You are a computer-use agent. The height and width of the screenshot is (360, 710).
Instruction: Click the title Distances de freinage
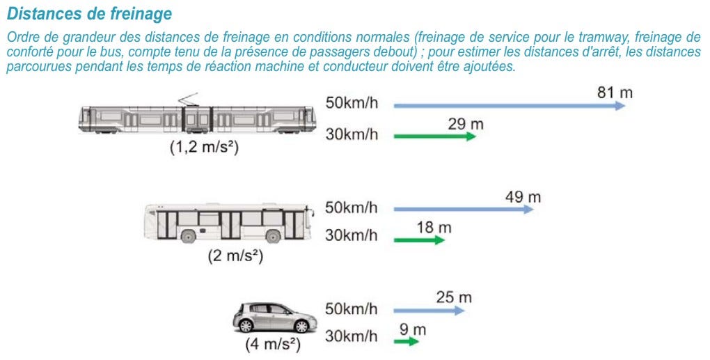point(89,14)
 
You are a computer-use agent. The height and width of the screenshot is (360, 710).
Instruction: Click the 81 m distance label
point(615,93)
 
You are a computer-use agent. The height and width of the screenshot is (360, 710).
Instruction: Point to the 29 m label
point(466,124)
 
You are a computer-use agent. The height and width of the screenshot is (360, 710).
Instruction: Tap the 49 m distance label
point(523,198)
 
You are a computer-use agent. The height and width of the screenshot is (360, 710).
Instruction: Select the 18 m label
point(434,227)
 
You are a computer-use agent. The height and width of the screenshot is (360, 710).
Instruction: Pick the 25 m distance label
point(454,297)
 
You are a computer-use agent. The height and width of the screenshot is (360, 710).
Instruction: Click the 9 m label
point(413,329)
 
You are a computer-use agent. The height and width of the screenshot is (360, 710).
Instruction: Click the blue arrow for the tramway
point(510,106)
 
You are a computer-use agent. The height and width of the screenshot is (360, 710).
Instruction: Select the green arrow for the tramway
point(435,136)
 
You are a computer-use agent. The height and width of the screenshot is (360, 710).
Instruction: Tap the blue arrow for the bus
point(464,209)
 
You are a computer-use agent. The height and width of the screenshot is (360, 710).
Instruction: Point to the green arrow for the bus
point(419,240)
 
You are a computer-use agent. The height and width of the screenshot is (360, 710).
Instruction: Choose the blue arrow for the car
point(429,311)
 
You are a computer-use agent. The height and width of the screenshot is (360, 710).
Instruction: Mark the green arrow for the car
point(407,341)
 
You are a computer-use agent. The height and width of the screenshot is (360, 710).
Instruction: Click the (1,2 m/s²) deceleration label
point(204,148)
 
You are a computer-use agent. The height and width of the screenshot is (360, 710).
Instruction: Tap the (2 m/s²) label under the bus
point(235,256)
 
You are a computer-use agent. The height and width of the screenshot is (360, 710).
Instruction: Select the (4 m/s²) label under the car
point(273,345)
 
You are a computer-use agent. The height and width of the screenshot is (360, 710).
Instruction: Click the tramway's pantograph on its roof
point(189,99)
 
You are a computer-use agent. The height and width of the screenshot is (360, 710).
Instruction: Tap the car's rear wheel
point(246,326)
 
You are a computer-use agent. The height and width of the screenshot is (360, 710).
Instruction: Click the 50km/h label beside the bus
point(352,208)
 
